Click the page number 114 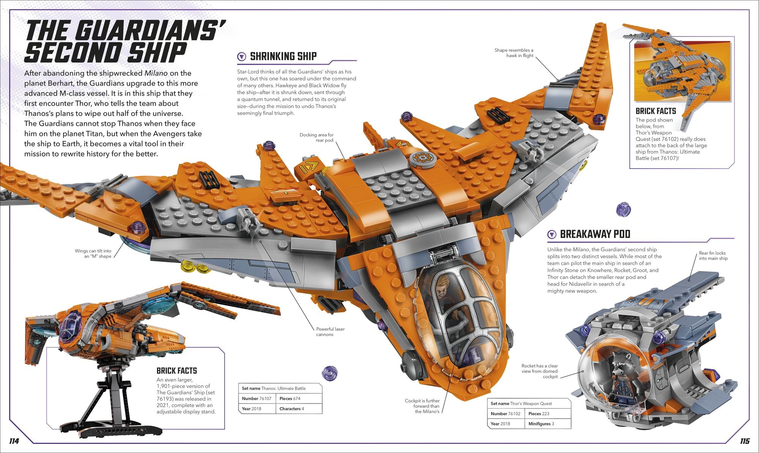point(14,441)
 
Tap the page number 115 point(745,441)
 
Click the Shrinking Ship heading point(283,56)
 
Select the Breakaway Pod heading point(595,234)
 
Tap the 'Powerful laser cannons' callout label point(330,332)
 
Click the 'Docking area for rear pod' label point(317,137)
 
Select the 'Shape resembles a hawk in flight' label point(514,53)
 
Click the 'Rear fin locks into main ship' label point(713,255)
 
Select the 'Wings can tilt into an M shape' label point(93,254)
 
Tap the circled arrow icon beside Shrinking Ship point(241,57)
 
